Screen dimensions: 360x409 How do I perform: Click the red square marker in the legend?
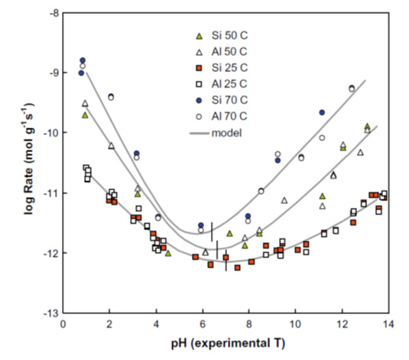point(199,68)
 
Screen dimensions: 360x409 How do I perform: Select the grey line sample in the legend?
point(199,132)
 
